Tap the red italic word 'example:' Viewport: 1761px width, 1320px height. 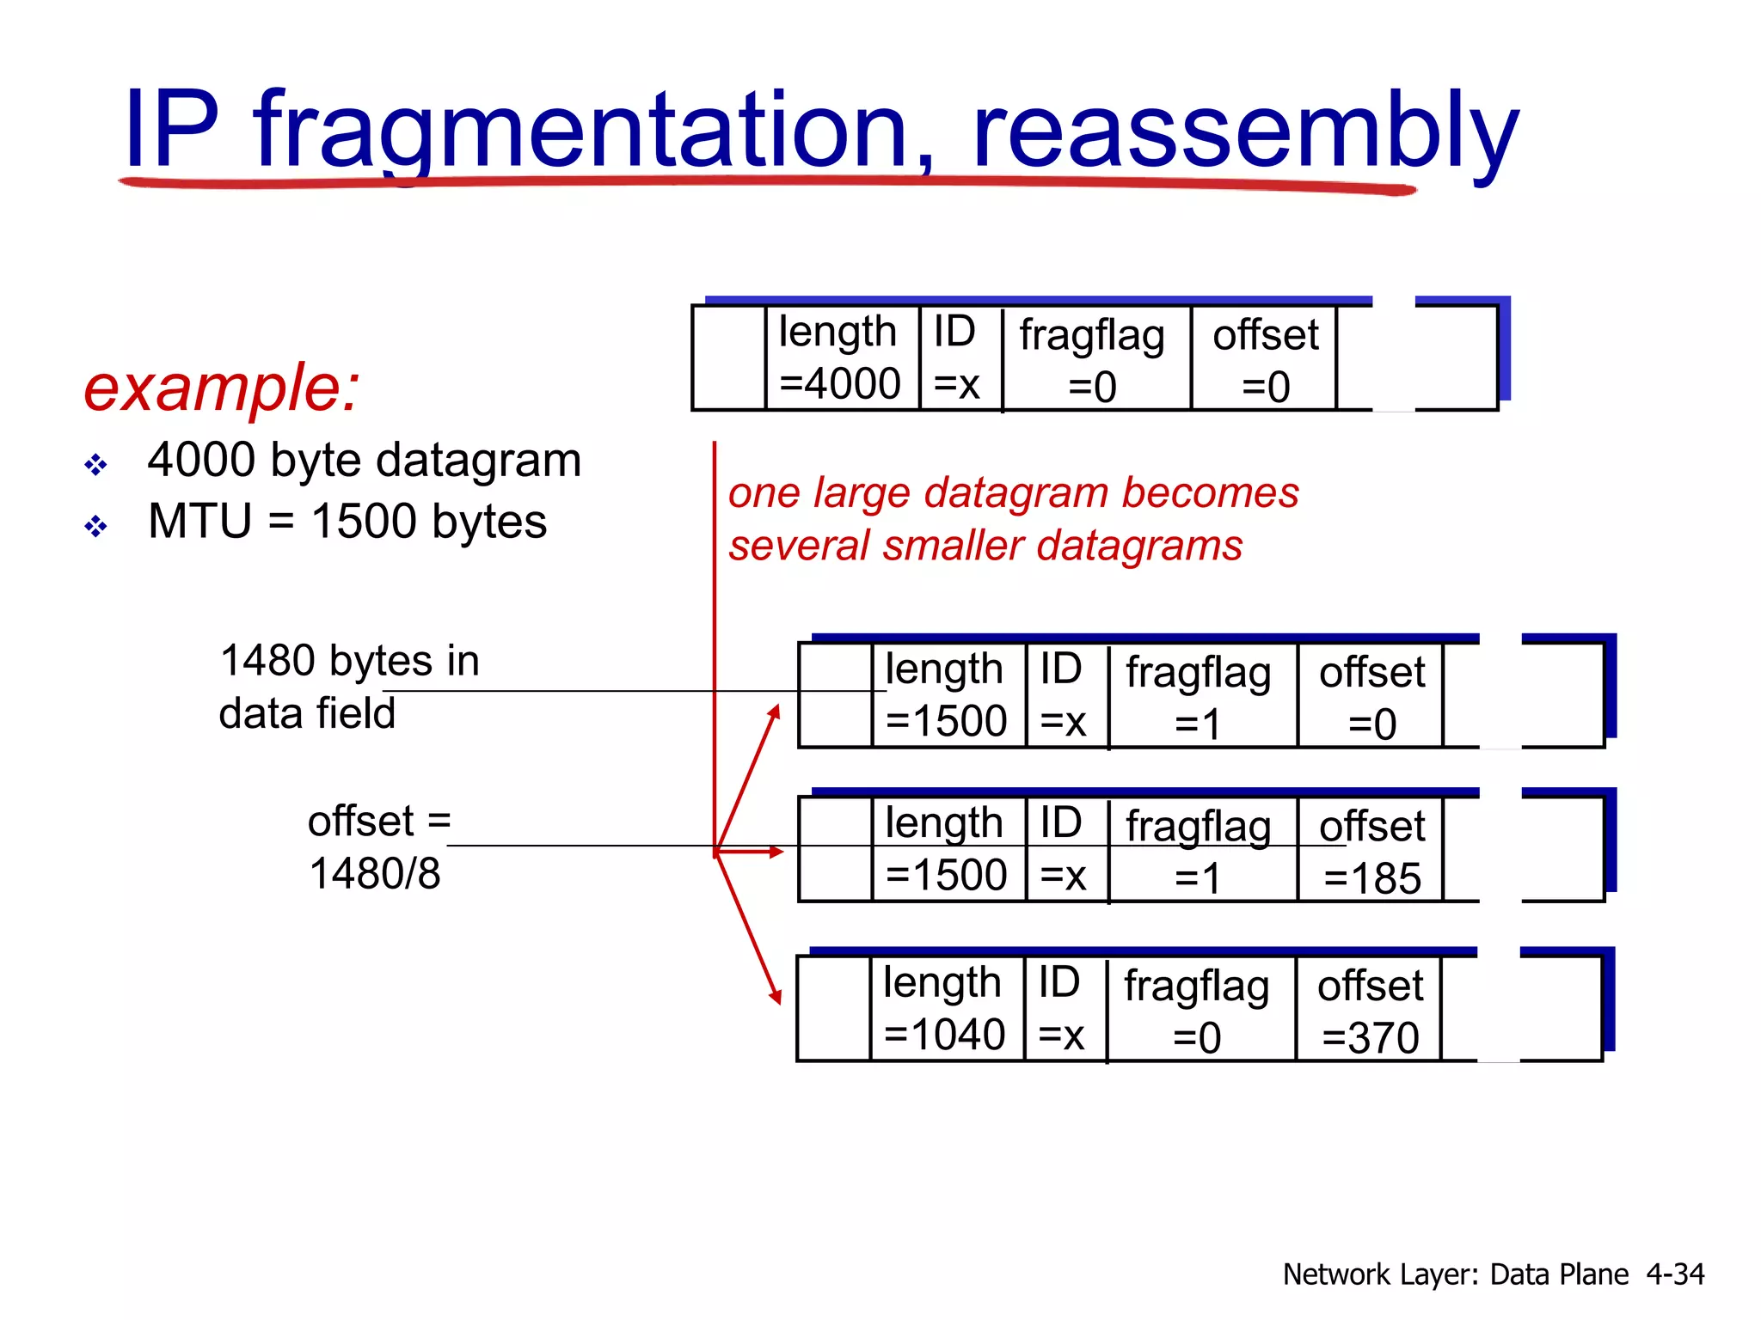coord(221,388)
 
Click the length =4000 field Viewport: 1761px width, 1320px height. coord(840,357)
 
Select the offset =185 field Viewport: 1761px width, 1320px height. coord(1371,851)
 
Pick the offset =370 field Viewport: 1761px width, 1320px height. coord(1370,1010)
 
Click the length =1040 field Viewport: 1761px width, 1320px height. coord(944,1008)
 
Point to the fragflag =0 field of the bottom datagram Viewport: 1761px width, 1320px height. coord(1197,1010)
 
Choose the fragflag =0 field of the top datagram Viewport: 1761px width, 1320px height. coord(1092,359)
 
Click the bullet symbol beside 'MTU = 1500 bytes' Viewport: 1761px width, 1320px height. coord(95,525)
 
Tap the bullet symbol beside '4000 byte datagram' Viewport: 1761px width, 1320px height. coord(95,465)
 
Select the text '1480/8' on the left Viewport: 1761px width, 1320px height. coord(375,874)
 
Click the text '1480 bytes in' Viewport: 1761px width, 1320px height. coord(349,661)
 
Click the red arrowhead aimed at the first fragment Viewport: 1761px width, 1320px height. coord(775,712)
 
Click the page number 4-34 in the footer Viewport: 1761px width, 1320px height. coord(1674,1274)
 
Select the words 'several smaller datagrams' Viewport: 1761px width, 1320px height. coord(985,546)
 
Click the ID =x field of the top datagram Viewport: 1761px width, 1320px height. coord(957,357)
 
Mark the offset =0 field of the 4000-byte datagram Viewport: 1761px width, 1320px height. coord(1265,359)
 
